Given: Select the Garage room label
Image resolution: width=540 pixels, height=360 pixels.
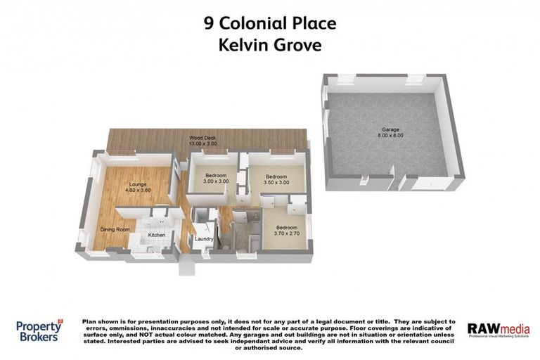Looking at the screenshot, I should coord(391,130).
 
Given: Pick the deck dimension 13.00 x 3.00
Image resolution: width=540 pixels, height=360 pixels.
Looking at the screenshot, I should coord(202,144).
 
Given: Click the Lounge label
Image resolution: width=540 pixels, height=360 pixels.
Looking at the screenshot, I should coord(138,184).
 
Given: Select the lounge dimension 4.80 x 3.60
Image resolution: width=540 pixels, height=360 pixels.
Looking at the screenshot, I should coord(138,191).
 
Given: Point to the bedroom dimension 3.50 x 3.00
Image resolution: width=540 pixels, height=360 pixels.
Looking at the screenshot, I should coord(276,182).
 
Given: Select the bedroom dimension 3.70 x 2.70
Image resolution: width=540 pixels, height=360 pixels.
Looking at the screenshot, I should coord(286,233).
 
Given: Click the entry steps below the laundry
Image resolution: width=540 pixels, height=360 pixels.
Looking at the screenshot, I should coord(187,268).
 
